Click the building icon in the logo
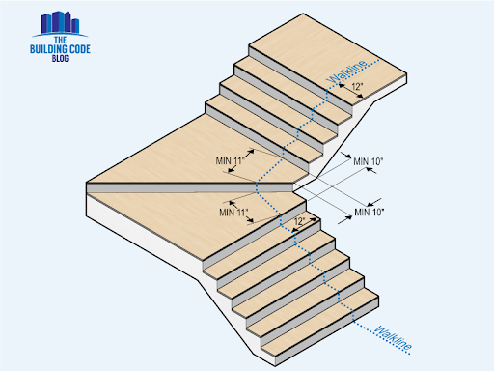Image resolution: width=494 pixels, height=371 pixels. coord(60,23)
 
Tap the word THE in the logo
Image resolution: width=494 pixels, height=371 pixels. coord(60,41)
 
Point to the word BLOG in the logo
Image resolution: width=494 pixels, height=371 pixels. coord(60,58)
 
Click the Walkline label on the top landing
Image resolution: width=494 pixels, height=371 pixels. coord(346,72)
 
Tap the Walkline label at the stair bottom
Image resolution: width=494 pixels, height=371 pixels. coord(393,337)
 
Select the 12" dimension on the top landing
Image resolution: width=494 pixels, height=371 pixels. coord(357,86)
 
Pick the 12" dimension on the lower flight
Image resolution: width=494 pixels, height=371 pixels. coord(299,221)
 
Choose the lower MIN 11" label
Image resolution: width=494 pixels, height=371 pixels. coord(233,213)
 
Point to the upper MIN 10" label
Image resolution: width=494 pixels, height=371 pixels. coord(369,161)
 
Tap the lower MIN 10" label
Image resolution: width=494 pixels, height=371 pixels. coord(370,212)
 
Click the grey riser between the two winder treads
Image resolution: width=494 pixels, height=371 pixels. coord(190,187)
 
